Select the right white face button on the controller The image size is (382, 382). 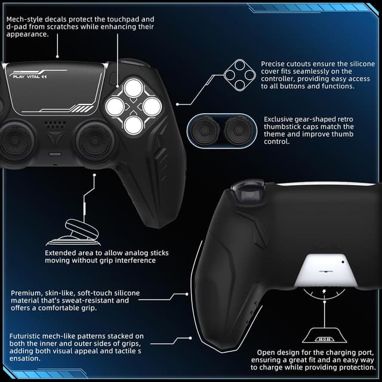pyautogui.click(x=151, y=107)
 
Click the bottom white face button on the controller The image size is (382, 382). pyautogui.click(x=134, y=124)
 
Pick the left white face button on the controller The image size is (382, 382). pyautogui.click(x=115, y=107)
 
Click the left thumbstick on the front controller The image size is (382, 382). pyautogui.click(x=23, y=135)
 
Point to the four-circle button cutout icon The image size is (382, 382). pyautogui.click(x=239, y=75)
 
